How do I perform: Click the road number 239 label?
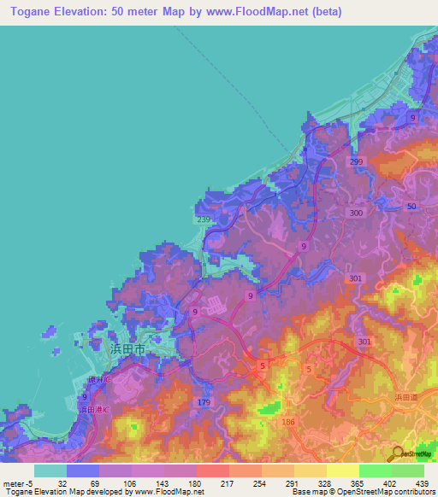click(204, 219)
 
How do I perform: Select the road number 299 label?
click(357, 161)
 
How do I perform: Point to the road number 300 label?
click(357, 213)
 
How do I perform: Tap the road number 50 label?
click(411, 208)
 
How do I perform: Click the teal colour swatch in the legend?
click(50, 471)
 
